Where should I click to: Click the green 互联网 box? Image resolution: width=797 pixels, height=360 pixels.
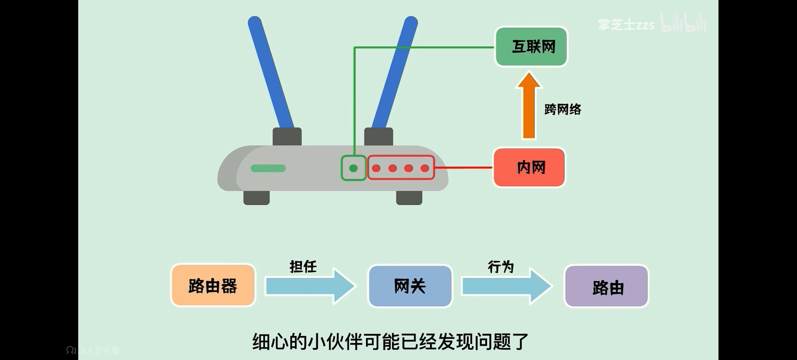[x=531, y=46]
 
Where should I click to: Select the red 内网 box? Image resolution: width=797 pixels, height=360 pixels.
[x=529, y=167]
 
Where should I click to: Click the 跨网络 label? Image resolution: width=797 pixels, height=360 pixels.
[x=563, y=109]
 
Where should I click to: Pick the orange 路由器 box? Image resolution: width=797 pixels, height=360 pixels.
[x=213, y=285]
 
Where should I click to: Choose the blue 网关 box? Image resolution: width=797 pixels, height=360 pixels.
[x=410, y=286]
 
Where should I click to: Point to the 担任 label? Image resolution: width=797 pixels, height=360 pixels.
[x=303, y=266]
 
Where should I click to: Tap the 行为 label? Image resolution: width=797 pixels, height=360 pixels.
[x=501, y=266]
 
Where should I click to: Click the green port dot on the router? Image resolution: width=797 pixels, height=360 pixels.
[x=353, y=168]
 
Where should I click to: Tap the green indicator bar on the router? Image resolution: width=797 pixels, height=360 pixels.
[x=268, y=168]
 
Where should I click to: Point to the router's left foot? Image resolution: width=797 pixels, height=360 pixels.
[x=257, y=198]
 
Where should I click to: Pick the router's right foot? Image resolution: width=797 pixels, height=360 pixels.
[x=409, y=198]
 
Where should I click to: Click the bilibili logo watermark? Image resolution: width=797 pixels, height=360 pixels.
[x=684, y=23]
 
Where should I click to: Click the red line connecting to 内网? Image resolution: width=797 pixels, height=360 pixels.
[x=463, y=168]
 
